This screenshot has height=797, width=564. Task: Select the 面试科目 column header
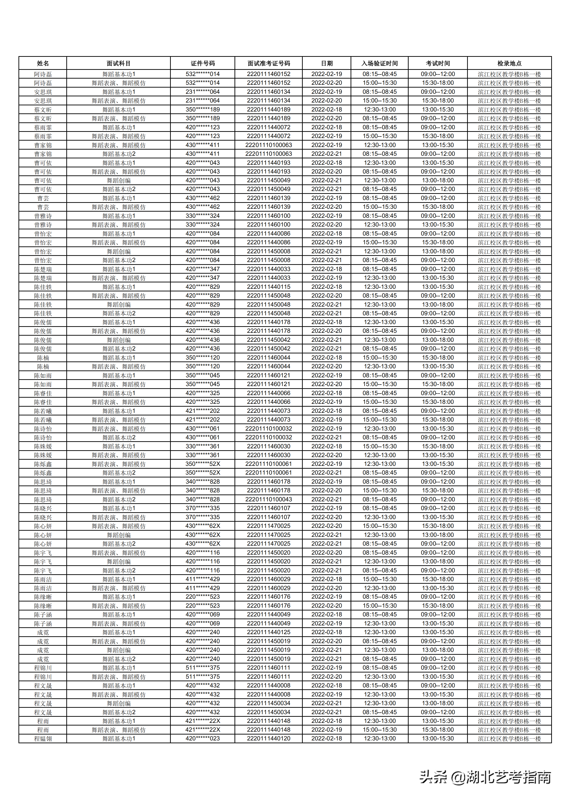coord(118,63)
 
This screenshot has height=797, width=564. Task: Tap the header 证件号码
coord(203,63)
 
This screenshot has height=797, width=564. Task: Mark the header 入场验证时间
coord(379,63)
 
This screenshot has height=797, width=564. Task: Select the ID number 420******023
coord(203,738)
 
